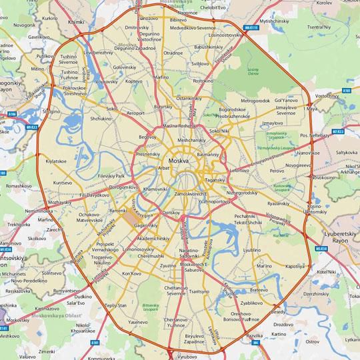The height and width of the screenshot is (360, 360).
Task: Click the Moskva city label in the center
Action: [178, 162]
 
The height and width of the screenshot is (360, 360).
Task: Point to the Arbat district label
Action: [164, 169]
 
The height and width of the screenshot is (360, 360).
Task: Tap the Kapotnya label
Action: [295, 265]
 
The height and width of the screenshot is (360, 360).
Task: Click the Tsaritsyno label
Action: [200, 291]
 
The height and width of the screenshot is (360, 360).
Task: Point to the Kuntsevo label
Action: [63, 182]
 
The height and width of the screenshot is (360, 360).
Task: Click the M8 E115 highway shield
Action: [251, 28]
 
